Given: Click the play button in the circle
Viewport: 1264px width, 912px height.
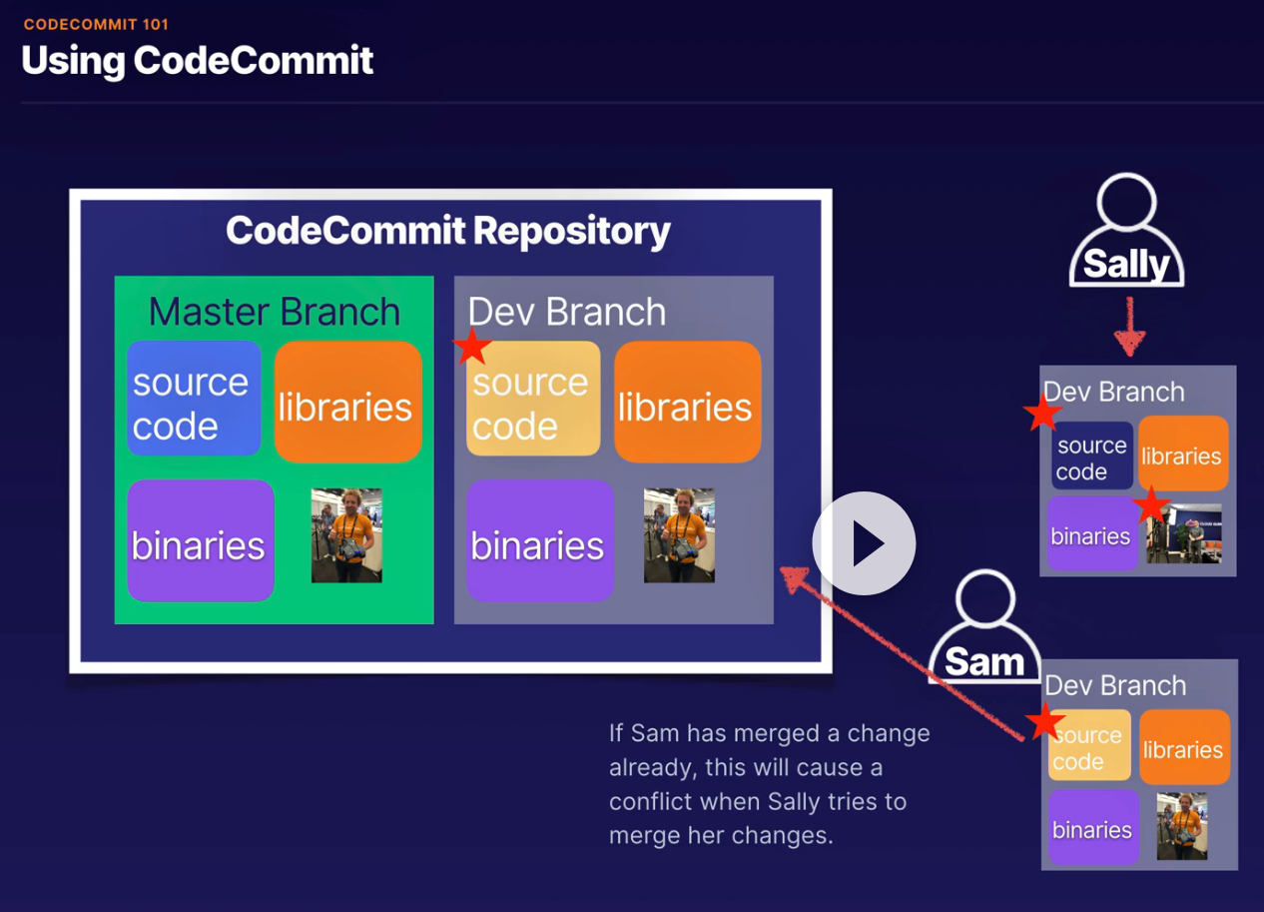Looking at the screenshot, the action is coord(864,542).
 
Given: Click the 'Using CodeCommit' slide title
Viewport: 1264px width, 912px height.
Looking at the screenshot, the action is coord(198,60).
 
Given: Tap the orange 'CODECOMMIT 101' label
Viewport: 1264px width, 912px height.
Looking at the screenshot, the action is coord(96,24).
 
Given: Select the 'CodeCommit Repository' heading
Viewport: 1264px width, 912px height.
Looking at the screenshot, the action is coord(448,231).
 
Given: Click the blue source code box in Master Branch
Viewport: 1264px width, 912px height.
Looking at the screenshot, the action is coord(194,399).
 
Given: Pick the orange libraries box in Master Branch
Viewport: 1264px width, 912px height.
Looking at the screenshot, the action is coord(348,402).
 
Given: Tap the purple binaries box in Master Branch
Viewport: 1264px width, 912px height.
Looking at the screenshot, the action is coord(201,540).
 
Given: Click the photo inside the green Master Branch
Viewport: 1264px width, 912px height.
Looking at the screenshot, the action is coord(346,534).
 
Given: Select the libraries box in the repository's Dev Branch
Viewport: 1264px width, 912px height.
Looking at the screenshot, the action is coord(688,402).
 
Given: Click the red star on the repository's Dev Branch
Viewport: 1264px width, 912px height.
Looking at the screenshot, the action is coord(472,346).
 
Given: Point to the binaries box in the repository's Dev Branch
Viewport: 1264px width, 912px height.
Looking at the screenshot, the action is coord(540,540).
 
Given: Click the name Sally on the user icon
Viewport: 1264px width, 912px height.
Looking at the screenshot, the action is coord(1126,264).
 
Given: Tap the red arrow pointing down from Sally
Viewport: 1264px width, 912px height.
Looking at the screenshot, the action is coord(1129,327).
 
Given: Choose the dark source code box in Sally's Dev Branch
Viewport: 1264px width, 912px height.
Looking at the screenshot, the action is coord(1092,456).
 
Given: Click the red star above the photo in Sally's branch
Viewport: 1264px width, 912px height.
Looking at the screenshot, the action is coord(1151,505).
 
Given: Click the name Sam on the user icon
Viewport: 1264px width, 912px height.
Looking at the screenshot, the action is coord(984,661).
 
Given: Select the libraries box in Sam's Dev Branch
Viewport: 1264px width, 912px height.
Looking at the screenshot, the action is coord(1184,746).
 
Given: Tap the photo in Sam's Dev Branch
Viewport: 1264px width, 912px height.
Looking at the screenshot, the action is coord(1182,826).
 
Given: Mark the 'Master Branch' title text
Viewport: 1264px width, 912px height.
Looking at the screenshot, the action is coord(275,312).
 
